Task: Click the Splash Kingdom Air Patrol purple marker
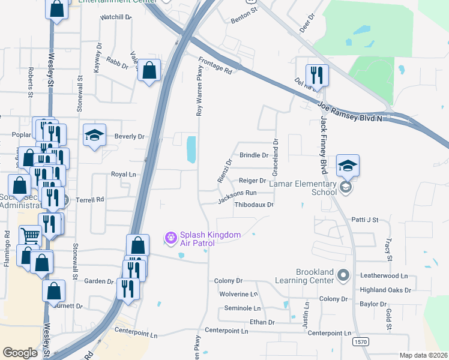(170, 238)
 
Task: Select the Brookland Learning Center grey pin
(343, 275)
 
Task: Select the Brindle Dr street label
(254, 155)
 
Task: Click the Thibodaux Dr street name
(253, 205)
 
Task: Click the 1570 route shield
(360, 342)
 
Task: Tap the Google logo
(20, 353)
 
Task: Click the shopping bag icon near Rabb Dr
(149, 70)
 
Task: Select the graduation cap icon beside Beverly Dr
(95, 136)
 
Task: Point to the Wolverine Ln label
(238, 295)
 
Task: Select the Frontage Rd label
(215, 65)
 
